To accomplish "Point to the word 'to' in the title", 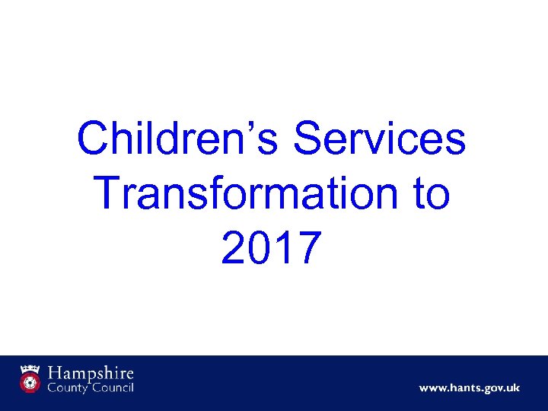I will point(429,194).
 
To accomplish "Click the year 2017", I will point(271,248).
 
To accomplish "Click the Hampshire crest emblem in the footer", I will point(31,379).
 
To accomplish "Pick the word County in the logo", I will point(68,388).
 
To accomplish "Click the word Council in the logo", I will point(113,388).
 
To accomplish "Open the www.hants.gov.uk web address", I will point(469,388).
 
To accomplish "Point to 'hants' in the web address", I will point(460,388).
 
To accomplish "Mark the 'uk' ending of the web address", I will point(512,388).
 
